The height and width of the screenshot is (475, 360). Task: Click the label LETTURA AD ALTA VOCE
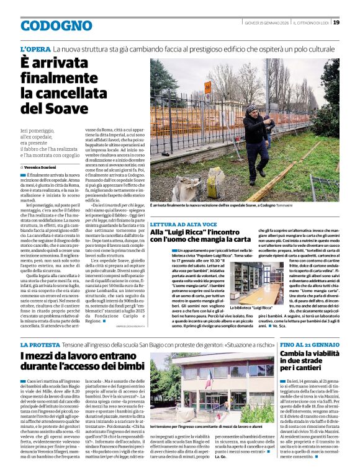click(182, 224)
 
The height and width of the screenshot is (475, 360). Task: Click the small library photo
click(254, 282)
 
